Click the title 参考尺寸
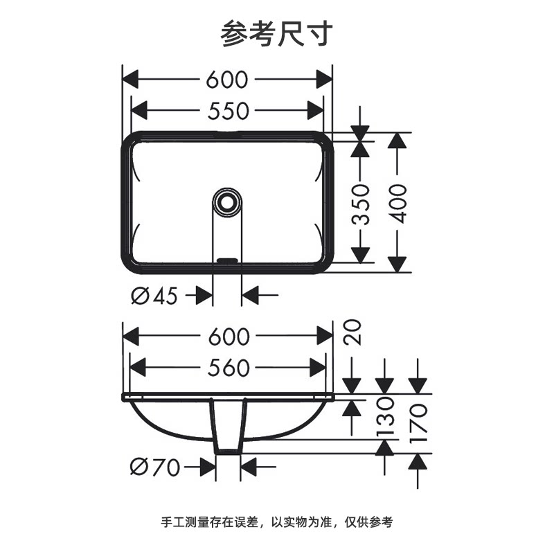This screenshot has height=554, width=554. pyautogui.click(x=277, y=33)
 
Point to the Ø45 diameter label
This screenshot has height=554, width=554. pyautogui.click(x=154, y=296)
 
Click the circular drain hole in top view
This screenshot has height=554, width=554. pyautogui.click(x=226, y=202)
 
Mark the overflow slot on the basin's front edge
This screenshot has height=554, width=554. pyautogui.click(x=226, y=260)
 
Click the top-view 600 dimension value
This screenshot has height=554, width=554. pyautogui.click(x=226, y=80)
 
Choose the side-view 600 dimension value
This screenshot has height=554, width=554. pyautogui.click(x=227, y=337)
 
